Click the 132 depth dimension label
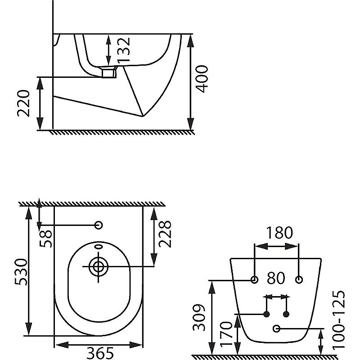pyautogui.click(x=123, y=50)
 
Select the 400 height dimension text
pyautogui.click(x=202, y=79)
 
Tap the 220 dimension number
pyautogui.click(x=23, y=103)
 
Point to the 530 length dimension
pyautogui.click(x=21, y=272)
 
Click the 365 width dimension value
pyautogui.click(x=100, y=353)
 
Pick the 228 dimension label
pyautogui.click(x=165, y=234)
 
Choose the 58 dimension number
pyautogui.click(x=46, y=239)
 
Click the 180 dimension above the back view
pyautogui.click(x=279, y=233)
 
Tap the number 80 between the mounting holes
pyautogui.click(x=276, y=278)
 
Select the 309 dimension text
pyautogui.click(x=199, y=318)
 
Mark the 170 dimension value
pyautogui.click(x=226, y=333)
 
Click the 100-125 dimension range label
pyautogui.click(x=339, y=320)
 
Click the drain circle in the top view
pyautogui.click(x=99, y=266)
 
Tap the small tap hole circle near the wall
pyautogui.click(x=99, y=225)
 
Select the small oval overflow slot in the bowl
pyautogui.click(x=99, y=247)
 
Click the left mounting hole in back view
pyautogui.click(x=254, y=279)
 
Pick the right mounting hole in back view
pyautogui.click(x=299, y=279)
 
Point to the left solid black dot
pyautogui.click(x=266, y=314)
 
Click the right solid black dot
pyautogui.click(x=286, y=314)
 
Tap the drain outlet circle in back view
pyautogui.click(x=277, y=329)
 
